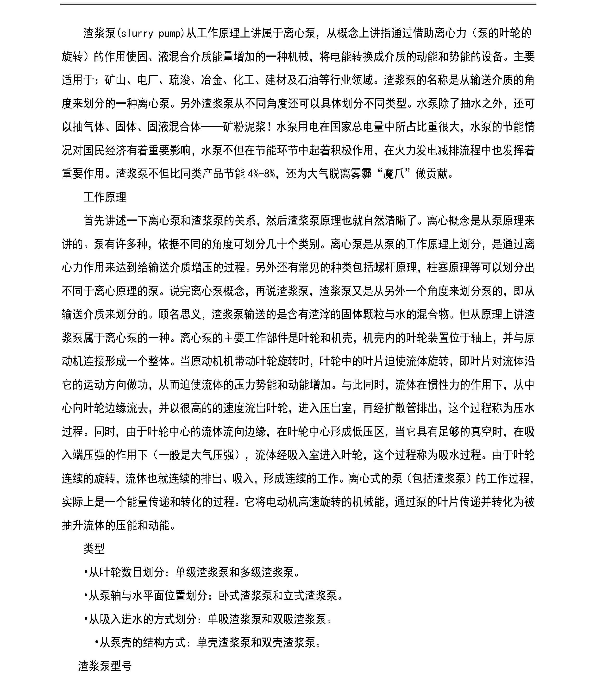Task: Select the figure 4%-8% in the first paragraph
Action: pos(261,174)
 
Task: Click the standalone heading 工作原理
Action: pos(105,197)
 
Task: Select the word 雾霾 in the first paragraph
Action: pos(361,174)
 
